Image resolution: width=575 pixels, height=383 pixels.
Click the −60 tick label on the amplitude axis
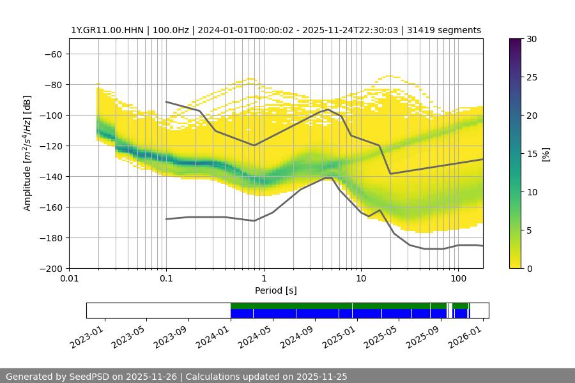pyautogui.click(x=53, y=54)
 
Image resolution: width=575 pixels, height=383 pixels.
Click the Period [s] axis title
pyautogui.click(x=275, y=290)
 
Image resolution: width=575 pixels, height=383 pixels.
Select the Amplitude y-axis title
pyautogui.click(x=27, y=153)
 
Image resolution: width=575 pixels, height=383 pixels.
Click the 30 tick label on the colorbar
pyautogui.click(x=532, y=39)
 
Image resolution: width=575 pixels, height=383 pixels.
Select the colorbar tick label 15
pyautogui.click(x=532, y=154)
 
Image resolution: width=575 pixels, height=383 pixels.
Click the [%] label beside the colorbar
pyautogui.click(x=546, y=153)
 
